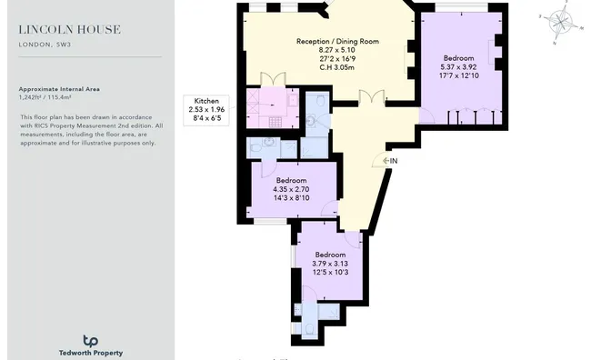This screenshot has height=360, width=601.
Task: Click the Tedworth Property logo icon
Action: pos(90,339)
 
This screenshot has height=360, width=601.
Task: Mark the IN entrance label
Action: pos(394,161)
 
